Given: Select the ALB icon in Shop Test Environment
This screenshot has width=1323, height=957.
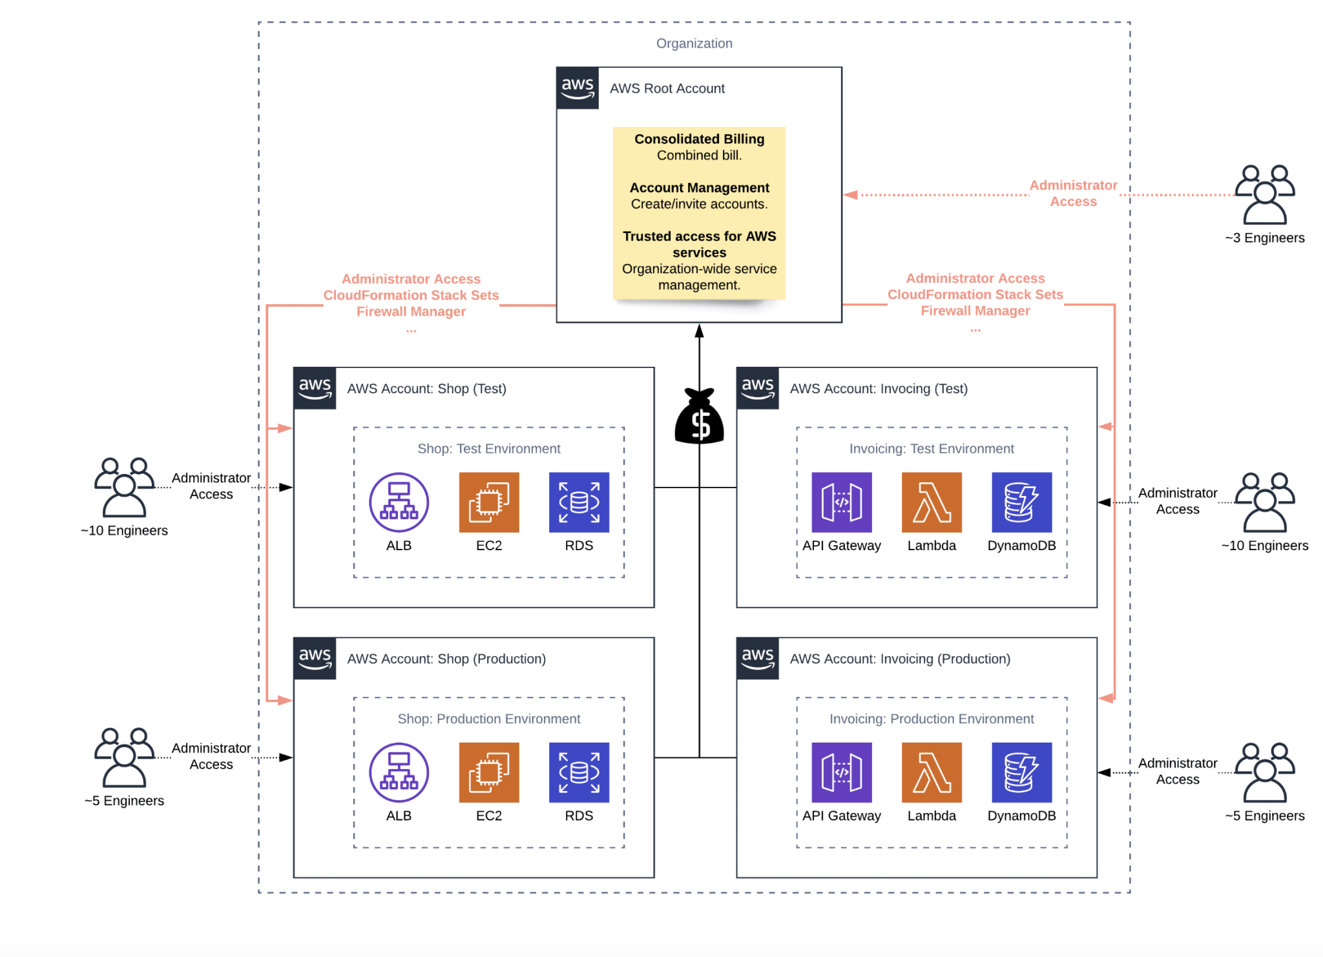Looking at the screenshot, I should (399, 502).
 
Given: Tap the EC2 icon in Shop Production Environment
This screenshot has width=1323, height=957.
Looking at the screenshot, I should (488, 772).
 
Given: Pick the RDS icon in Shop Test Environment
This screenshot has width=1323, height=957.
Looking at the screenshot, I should (579, 502).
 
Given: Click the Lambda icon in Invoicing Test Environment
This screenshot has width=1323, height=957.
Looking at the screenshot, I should (931, 502).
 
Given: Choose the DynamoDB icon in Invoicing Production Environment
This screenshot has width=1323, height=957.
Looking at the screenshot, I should (1021, 772).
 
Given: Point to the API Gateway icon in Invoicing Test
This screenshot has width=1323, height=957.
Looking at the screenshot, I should (841, 502).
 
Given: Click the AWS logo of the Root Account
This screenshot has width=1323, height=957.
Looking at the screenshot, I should (578, 88).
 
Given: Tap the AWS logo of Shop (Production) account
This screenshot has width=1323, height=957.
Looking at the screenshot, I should (315, 659).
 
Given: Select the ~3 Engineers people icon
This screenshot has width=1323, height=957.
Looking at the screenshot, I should (1264, 194).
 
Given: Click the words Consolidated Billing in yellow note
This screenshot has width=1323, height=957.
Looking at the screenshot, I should (699, 139).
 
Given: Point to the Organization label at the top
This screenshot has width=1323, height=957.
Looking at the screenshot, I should (694, 43).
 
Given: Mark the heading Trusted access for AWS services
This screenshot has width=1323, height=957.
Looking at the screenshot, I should (699, 244).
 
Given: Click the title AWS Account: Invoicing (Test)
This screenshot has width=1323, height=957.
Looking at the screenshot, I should (878, 389).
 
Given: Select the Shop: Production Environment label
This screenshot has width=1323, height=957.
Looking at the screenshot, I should (488, 719).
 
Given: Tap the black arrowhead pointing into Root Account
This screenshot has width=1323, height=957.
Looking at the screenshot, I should (699, 331).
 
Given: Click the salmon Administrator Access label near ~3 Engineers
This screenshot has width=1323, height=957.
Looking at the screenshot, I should (1072, 193).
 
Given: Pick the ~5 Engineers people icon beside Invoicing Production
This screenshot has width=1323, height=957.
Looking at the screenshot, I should (1264, 772).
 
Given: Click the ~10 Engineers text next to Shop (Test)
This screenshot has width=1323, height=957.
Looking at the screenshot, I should (124, 530).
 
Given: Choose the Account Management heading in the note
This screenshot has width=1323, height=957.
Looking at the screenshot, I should (699, 187).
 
